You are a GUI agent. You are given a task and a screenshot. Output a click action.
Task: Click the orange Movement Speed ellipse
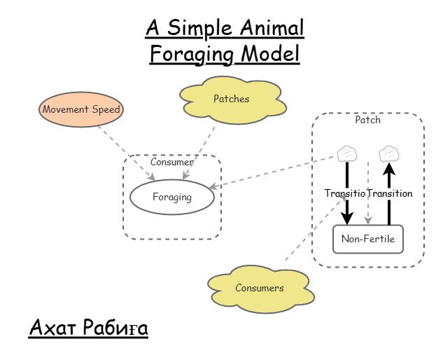tap(81, 109)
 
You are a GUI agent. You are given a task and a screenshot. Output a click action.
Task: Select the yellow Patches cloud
tap(231, 99)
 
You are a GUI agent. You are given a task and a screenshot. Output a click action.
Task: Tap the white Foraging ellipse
tap(172, 197)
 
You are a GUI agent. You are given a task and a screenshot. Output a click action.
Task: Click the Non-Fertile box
tap(367, 240)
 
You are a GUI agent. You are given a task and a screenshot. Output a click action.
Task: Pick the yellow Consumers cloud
tap(260, 288)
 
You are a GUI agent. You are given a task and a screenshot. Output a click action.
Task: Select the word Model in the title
tap(270, 53)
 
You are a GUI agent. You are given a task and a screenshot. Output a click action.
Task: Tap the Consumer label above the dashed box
tap(171, 162)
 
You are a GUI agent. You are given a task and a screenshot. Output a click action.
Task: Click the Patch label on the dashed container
tap(367, 120)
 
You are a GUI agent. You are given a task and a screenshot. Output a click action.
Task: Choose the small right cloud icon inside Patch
tap(388, 153)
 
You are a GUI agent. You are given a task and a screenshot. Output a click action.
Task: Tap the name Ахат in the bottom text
tap(52, 327)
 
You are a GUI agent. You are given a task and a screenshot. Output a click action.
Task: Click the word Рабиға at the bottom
tap(115, 327)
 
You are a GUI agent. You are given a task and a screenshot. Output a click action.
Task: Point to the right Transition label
tap(390, 193)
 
